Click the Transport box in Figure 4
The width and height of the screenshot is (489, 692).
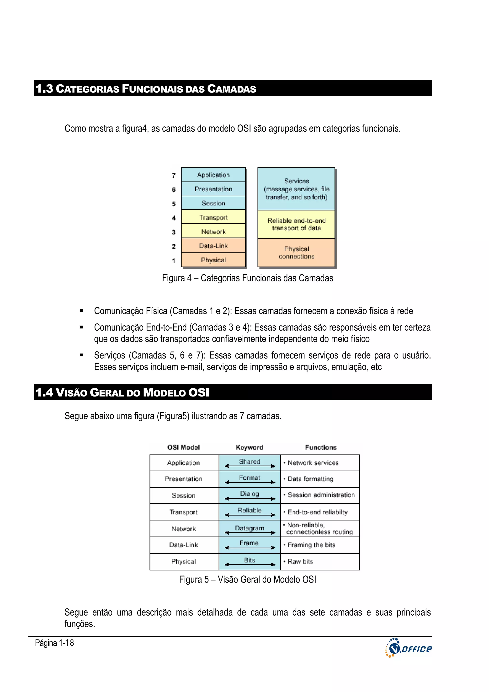(213, 217)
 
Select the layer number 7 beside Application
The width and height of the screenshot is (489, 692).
(174, 175)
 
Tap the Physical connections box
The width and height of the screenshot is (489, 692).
(296, 252)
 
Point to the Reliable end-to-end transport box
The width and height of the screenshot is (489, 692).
(296, 224)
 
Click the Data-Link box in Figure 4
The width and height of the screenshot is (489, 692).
(213, 246)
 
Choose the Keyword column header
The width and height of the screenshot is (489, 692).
(250, 447)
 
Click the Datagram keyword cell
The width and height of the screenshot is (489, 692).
(250, 528)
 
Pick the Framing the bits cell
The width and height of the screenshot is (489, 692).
(320, 545)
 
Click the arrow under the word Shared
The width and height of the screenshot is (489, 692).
(250, 466)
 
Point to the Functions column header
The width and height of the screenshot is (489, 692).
(321, 447)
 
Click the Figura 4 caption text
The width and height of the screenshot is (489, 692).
(247, 278)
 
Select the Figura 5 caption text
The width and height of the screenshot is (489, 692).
(247, 579)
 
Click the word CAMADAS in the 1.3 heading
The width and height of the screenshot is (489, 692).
(231, 89)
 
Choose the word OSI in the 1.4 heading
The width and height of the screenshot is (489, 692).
(199, 392)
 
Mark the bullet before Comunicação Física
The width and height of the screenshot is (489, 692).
(81, 311)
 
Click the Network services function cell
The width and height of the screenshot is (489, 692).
(320, 463)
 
